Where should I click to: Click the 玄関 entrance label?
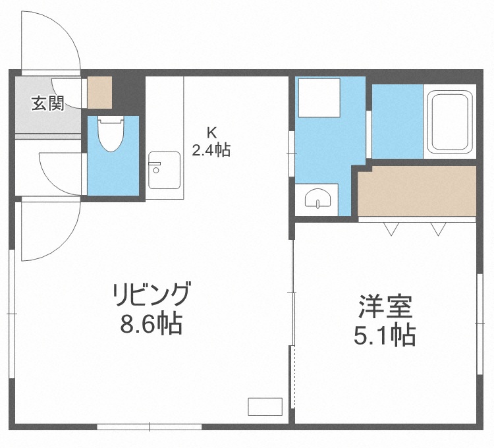(x=48, y=103)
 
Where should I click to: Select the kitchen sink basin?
(x=164, y=169)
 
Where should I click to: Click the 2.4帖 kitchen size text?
(x=211, y=150)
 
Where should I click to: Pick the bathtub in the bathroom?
(x=450, y=121)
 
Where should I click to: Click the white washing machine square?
(x=318, y=98)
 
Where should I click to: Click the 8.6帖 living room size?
(x=151, y=325)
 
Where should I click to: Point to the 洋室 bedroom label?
(x=385, y=308)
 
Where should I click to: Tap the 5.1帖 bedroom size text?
(x=385, y=336)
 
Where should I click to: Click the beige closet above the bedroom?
(x=416, y=191)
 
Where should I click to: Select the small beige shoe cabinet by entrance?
(x=101, y=93)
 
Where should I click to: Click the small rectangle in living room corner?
(x=265, y=406)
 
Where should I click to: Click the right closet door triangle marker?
(x=439, y=229)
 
